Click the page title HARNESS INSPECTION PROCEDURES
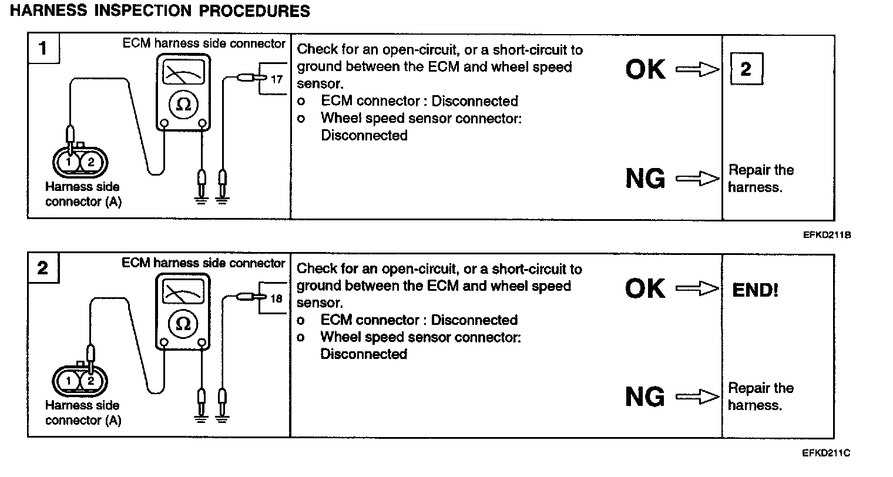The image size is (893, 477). click(x=160, y=11)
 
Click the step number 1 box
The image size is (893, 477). click(x=43, y=48)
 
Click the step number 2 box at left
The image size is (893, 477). click(x=43, y=267)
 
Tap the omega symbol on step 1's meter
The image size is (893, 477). click(x=183, y=105)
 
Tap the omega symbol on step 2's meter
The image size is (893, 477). click(x=183, y=324)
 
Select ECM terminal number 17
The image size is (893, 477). click(x=277, y=79)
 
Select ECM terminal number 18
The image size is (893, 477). click(x=276, y=298)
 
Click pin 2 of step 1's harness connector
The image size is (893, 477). click(x=91, y=162)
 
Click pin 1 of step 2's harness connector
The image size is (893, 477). click(x=68, y=381)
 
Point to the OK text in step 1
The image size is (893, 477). click(x=646, y=69)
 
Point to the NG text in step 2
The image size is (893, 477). click(x=645, y=397)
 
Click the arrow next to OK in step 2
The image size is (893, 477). click(x=697, y=288)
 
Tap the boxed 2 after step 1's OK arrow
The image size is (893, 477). click(x=747, y=69)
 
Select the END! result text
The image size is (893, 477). click(x=755, y=290)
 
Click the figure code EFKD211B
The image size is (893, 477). click(x=827, y=235)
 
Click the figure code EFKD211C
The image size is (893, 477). click(x=826, y=453)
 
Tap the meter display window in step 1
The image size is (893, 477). click(x=183, y=72)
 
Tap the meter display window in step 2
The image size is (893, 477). click(x=183, y=291)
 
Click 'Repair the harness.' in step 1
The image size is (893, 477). click(x=761, y=178)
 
